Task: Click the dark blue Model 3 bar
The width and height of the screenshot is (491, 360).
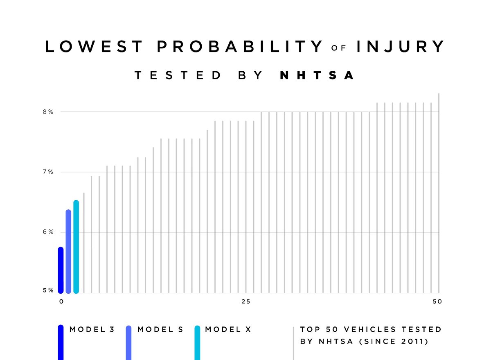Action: tap(61, 270)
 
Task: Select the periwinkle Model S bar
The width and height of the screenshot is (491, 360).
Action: tap(68, 251)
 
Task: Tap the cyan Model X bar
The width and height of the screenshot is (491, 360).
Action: tap(76, 247)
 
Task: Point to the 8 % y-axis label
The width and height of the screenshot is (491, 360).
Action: tap(48, 112)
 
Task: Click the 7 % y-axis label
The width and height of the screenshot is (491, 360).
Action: tap(48, 172)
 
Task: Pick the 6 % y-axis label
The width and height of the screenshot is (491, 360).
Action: tap(48, 232)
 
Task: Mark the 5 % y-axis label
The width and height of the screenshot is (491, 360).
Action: tap(48, 290)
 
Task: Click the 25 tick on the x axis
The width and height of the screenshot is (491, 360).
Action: tap(245, 302)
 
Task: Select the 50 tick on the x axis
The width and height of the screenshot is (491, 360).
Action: tap(437, 302)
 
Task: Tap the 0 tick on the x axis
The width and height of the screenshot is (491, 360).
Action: tap(61, 302)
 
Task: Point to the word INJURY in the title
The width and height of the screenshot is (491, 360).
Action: tap(400, 47)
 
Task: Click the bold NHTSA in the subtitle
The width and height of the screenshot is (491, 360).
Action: tap(317, 75)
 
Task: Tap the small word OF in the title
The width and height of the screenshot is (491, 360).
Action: tap(339, 48)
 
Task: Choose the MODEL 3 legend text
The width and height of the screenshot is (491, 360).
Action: tap(92, 329)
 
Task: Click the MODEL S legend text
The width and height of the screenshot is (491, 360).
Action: tap(160, 329)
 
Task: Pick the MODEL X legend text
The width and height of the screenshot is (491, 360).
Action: tap(228, 329)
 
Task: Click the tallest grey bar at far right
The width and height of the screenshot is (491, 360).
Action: tap(439, 192)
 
